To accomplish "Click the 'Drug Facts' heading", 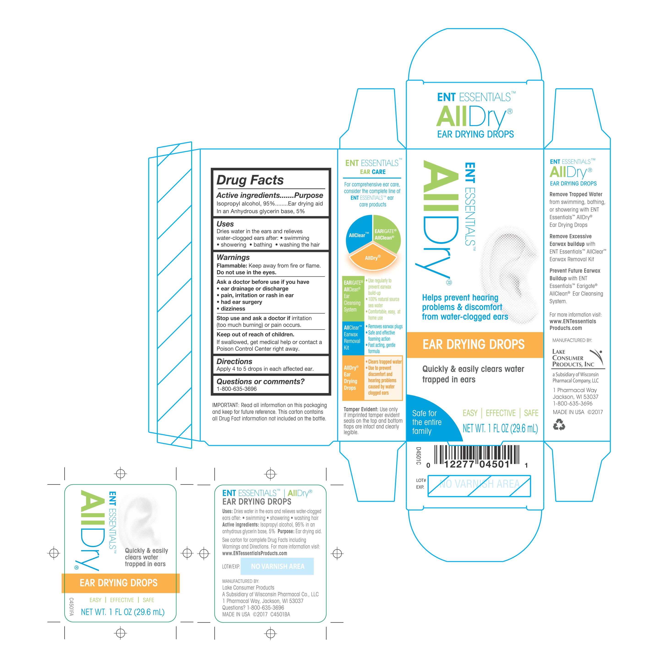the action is click(250, 180).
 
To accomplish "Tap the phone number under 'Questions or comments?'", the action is click(237, 389).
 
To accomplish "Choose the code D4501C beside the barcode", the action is click(418, 456).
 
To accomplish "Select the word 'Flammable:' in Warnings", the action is click(232, 266).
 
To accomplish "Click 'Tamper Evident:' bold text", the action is click(361, 409).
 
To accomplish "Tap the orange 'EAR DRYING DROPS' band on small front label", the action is click(120, 583).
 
